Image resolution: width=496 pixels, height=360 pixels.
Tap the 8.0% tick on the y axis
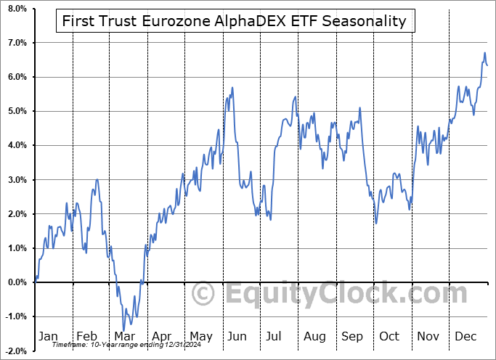point(17,9)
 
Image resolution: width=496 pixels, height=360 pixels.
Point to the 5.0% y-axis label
point(17,111)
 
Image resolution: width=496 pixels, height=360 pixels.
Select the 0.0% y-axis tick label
point(17,282)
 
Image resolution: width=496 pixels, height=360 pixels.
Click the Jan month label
point(48,336)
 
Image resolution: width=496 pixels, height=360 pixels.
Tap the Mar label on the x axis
point(124,336)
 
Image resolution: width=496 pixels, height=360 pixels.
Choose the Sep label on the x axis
point(352,336)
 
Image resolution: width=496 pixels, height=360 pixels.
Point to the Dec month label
point(465,336)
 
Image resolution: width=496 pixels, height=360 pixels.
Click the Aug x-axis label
point(314,336)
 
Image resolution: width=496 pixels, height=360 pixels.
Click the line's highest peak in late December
point(484,53)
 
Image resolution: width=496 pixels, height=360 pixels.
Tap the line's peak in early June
point(232,88)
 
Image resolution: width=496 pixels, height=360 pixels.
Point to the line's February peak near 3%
point(97,179)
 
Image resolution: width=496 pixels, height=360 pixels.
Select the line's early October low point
point(375,223)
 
